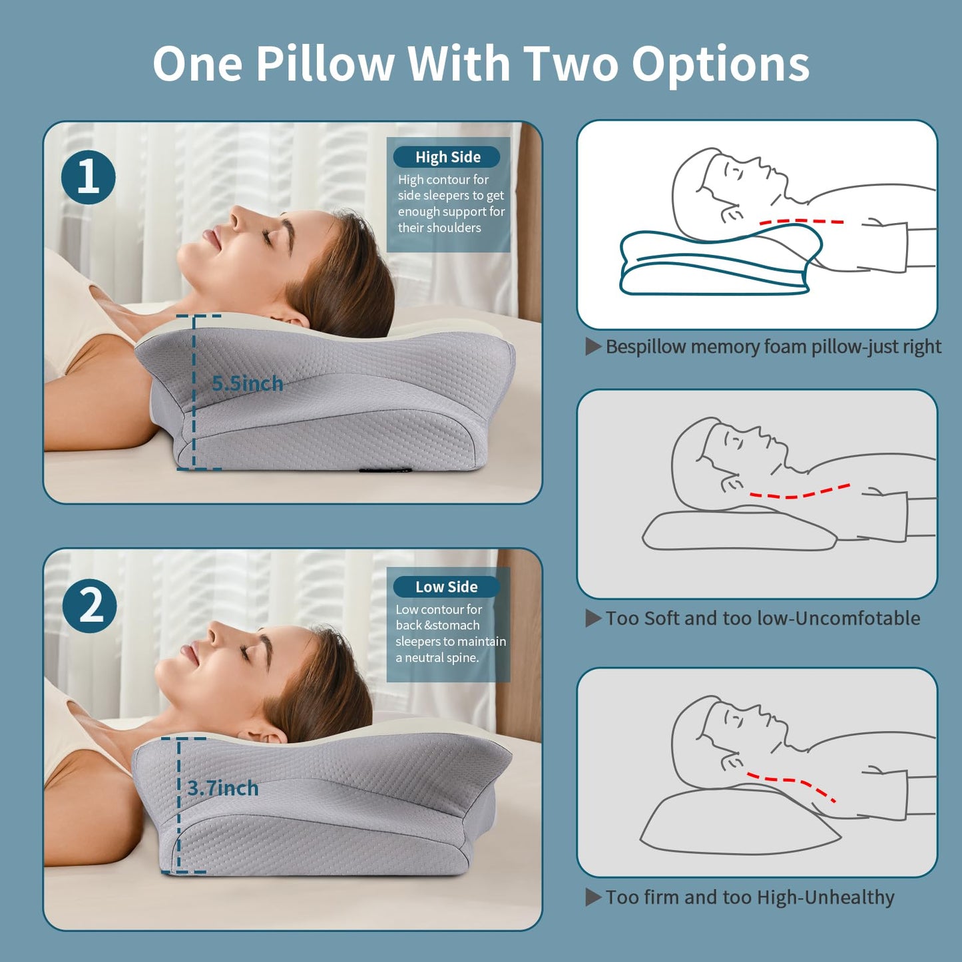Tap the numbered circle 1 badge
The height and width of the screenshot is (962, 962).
tap(89, 178)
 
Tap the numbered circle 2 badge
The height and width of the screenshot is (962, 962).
tap(90, 606)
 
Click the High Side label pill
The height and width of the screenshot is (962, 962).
tap(447, 157)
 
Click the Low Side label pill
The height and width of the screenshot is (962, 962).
tap(446, 587)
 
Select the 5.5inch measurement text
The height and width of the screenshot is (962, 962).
tap(247, 384)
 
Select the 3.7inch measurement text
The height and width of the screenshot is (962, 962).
tap(222, 788)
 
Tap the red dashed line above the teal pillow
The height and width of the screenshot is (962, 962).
tap(802, 222)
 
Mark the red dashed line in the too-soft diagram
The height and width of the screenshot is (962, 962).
tap(799, 493)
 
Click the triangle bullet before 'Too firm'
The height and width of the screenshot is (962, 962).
tap(593, 897)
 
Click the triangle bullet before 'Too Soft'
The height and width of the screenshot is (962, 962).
tap(593, 618)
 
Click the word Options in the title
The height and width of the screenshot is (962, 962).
tap(720, 64)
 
